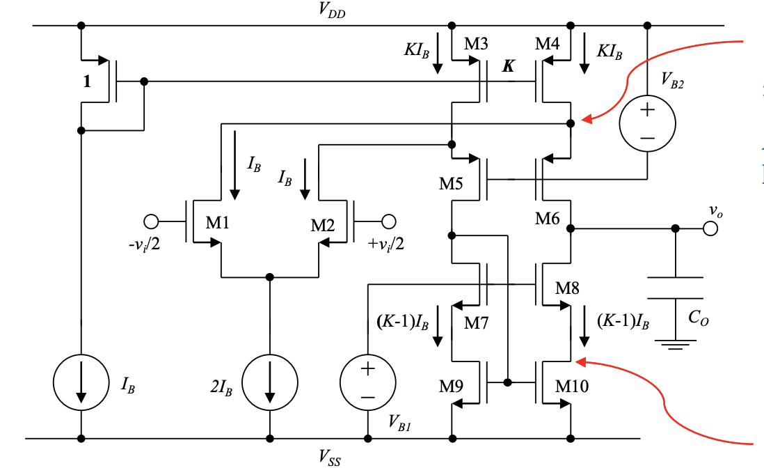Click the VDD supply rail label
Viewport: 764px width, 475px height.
click(331, 10)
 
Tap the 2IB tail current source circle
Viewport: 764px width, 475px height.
click(269, 384)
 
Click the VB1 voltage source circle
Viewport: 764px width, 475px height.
click(367, 384)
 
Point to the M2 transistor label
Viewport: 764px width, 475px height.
click(322, 224)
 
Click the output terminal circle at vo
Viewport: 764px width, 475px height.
click(708, 228)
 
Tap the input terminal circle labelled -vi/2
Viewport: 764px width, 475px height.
click(151, 222)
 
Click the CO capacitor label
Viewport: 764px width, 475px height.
click(698, 318)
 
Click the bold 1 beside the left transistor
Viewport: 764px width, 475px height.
click(87, 81)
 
